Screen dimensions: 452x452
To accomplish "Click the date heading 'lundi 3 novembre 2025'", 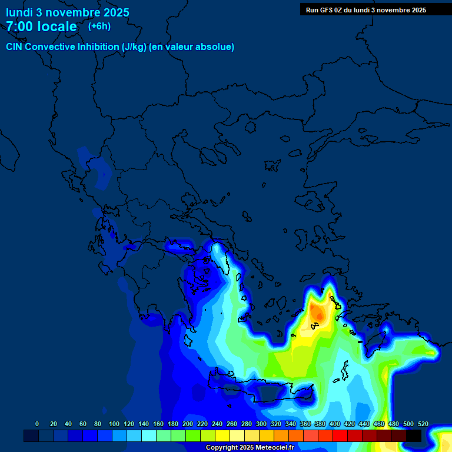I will point(68,12).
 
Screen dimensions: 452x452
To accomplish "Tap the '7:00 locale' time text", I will point(41,26).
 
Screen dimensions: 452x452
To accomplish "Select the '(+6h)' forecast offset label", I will point(99,26).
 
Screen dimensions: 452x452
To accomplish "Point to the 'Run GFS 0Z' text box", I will point(366,10).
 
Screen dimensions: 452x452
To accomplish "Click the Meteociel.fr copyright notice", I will point(250,448).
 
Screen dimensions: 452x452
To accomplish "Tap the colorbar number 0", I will point(37,424).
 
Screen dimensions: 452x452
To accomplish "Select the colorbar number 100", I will point(114,424).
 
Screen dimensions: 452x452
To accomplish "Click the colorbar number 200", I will point(188,424).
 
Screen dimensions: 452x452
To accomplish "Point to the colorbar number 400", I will point(334,424).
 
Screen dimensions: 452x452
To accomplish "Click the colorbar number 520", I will point(423,424).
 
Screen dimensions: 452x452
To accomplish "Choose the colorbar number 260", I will point(232,424).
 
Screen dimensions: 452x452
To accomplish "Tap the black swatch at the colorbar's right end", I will point(414,436).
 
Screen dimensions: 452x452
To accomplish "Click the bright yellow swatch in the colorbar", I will point(222,436).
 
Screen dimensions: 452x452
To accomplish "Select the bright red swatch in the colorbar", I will point(340,436).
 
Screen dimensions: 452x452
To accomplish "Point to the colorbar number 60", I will point(82,424).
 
